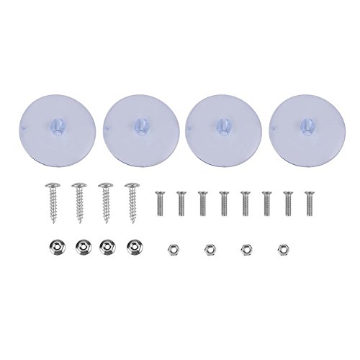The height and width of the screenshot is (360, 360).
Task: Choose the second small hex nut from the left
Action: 210,248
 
